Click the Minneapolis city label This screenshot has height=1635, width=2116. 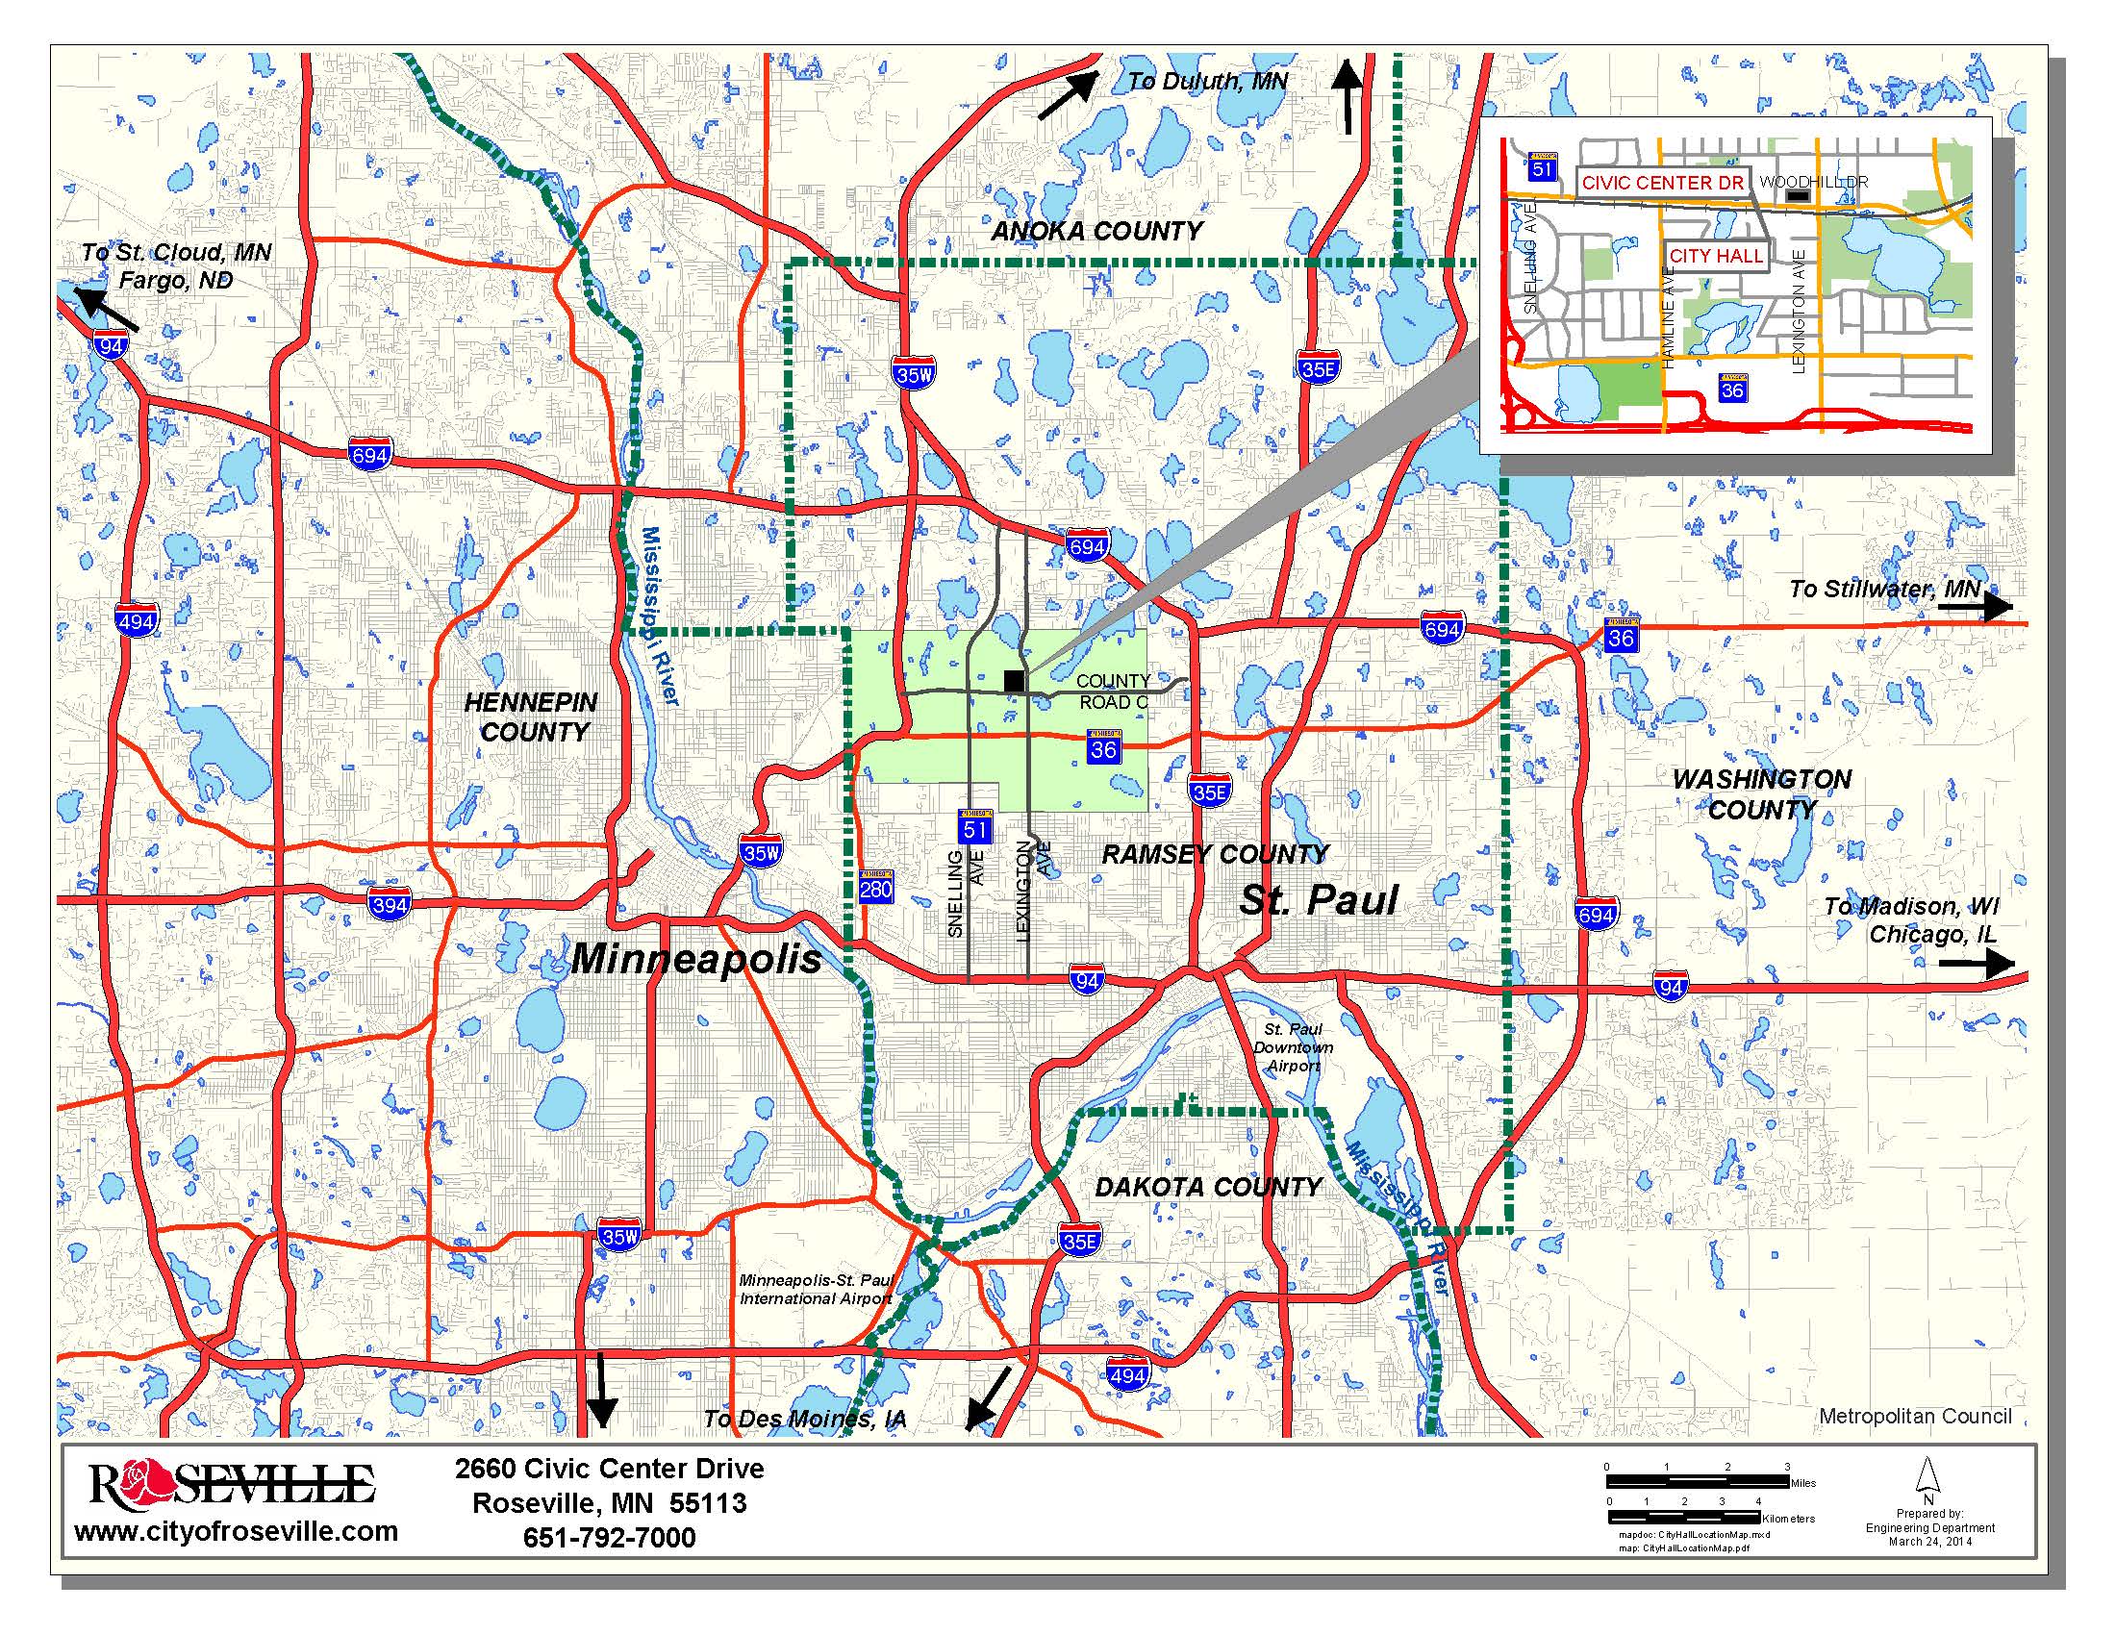(695, 959)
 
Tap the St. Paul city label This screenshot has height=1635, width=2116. (1319, 900)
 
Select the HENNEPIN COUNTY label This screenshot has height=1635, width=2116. (531, 717)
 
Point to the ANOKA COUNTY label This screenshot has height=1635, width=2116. (1096, 232)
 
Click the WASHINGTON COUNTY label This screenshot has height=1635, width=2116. (1760, 794)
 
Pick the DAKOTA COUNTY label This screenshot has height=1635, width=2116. (1207, 1187)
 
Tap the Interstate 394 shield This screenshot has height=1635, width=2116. (389, 906)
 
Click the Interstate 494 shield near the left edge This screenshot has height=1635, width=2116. (136, 621)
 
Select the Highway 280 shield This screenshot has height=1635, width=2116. (875, 888)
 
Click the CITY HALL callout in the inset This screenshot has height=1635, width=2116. (1715, 257)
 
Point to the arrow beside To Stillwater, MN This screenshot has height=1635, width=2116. (1988, 606)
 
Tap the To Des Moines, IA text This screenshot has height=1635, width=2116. (804, 1419)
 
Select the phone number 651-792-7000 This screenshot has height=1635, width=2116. (609, 1538)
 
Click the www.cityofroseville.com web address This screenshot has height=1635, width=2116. (237, 1531)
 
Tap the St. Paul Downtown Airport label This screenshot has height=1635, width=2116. (1294, 1047)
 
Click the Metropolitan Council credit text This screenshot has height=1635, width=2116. (1914, 1416)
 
